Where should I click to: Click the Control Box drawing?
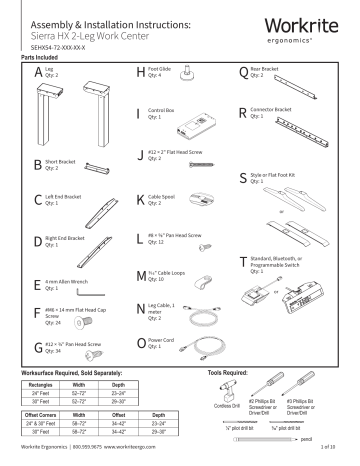(x=197, y=124)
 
